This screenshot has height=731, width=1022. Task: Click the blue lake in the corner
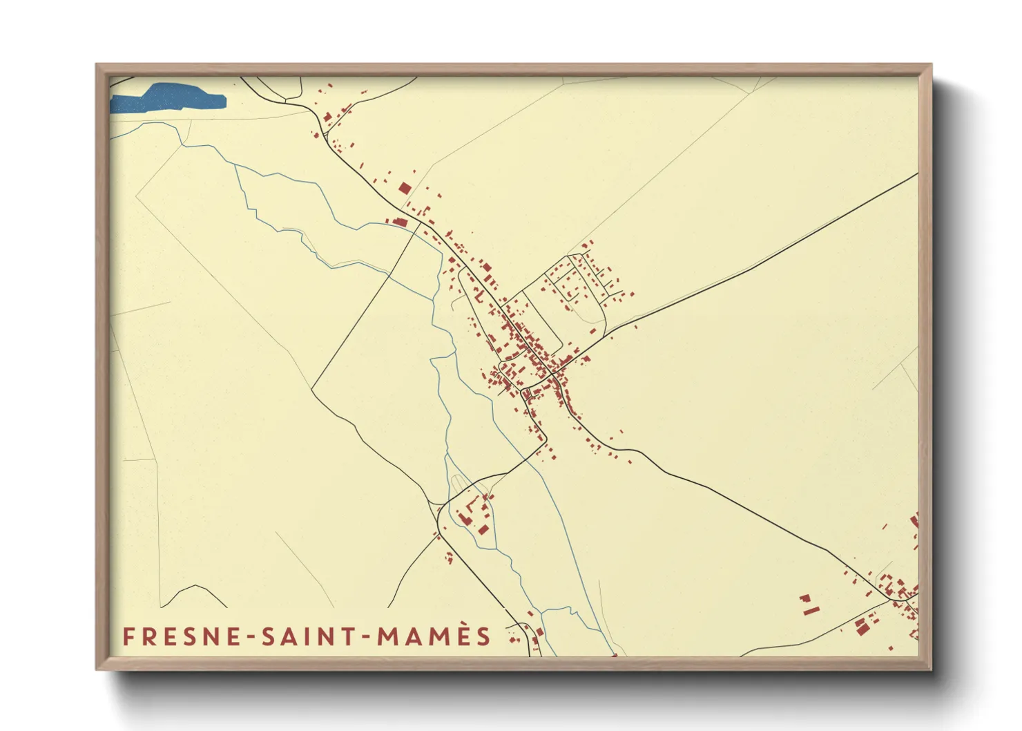click(169, 97)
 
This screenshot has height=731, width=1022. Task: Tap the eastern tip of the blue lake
click(224, 102)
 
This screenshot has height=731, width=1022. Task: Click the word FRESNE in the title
click(182, 636)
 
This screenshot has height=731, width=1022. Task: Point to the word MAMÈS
click(433, 636)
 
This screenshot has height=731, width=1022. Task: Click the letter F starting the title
click(128, 636)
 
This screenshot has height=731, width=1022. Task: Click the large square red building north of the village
click(405, 188)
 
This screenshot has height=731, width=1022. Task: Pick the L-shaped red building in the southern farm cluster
click(464, 517)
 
